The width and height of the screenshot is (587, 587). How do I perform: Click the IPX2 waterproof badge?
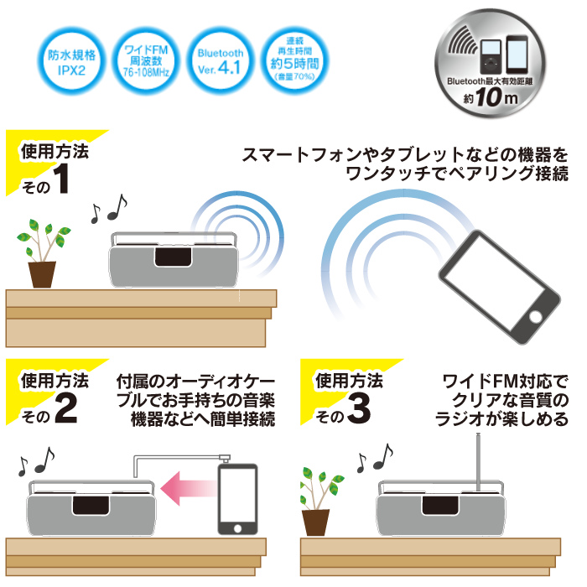71,61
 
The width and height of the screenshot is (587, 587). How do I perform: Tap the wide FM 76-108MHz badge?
146,61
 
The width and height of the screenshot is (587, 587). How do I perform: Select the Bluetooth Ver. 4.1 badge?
221,61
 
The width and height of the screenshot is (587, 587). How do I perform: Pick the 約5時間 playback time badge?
294,61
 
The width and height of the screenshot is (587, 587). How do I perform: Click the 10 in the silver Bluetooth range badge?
489,96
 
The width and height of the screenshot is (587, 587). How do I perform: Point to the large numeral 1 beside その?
61,179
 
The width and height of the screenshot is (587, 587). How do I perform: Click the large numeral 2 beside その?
66,409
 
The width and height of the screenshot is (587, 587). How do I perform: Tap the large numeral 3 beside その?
360,409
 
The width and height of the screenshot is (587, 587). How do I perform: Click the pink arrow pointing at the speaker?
189,488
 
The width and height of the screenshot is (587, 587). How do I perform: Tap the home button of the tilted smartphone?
535,316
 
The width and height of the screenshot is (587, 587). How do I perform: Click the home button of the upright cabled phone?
237,528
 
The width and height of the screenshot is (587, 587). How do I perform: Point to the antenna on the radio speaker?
478,462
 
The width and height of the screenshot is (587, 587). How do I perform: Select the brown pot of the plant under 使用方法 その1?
42,274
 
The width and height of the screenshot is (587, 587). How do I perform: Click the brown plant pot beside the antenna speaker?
315,522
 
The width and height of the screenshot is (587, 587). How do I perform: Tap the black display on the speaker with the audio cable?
91,506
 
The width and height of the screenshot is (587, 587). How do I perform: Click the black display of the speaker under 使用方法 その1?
174,257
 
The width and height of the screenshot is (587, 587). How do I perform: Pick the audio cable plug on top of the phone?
225,459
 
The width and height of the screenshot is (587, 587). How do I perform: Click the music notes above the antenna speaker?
375,458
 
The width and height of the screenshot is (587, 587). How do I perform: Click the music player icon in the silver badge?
491,56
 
